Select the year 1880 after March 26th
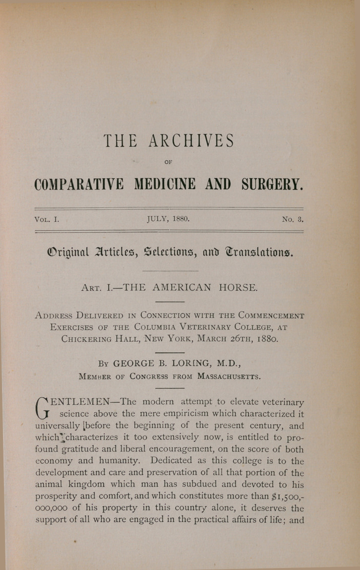point(265,340)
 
